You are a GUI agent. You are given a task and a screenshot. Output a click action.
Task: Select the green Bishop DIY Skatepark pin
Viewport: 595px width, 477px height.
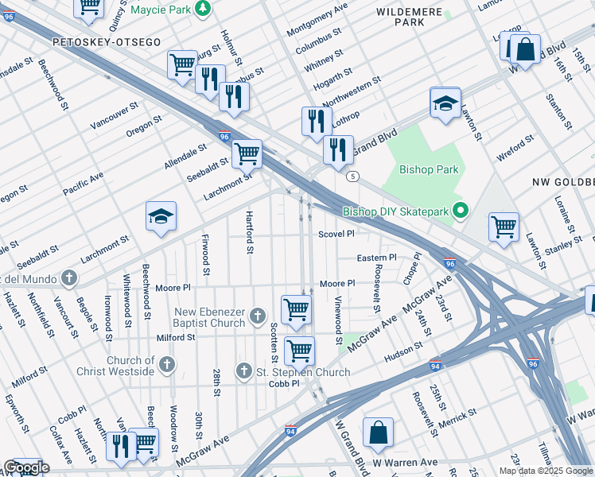(459, 211)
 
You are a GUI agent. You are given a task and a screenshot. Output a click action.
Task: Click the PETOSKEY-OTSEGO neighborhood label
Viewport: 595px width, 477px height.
(107, 41)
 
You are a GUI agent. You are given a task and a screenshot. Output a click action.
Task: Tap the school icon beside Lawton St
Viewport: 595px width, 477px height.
(446, 103)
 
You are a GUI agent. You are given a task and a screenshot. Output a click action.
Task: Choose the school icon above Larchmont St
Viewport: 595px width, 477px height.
(161, 216)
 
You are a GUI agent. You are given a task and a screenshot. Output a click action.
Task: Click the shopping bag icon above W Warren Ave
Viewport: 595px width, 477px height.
(379, 433)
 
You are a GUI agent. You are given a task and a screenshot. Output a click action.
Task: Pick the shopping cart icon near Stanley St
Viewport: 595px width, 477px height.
(504, 227)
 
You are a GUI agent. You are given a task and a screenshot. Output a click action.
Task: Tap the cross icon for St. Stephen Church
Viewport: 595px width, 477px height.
(245, 371)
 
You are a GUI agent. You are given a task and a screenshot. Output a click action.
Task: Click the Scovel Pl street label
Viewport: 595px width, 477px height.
(336, 235)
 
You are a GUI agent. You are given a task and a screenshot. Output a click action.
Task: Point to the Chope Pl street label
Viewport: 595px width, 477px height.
(411, 269)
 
